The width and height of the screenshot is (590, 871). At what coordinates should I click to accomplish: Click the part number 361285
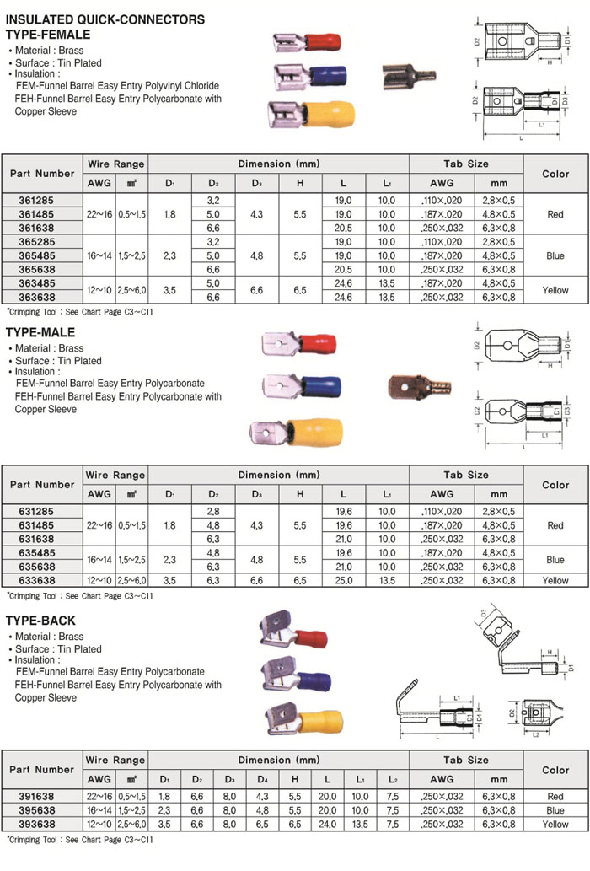coord(42,201)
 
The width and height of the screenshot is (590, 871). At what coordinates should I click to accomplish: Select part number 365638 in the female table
coord(42,269)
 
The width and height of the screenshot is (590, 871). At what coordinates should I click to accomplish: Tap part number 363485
coord(42,283)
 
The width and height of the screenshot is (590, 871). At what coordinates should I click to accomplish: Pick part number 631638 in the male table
coord(42,539)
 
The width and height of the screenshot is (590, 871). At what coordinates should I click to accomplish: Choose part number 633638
coord(42,581)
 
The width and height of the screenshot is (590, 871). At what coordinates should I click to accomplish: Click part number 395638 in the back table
coord(42,810)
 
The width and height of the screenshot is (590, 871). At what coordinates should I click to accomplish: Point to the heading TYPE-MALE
coord(40,333)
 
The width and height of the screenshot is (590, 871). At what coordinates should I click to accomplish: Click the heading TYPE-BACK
coord(40,621)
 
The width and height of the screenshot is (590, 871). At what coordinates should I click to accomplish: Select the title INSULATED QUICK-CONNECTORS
coord(105,19)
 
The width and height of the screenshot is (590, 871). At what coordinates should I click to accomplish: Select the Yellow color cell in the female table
coord(555,291)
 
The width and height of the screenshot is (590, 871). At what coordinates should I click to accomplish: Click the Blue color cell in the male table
coord(555,560)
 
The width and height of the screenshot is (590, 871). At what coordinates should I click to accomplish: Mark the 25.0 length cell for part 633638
coord(344,581)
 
